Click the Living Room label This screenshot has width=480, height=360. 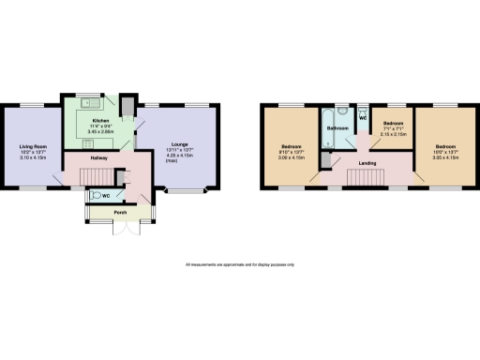click(33, 145)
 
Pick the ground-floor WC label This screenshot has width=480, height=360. click(106, 195)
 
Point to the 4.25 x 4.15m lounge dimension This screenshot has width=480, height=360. click(178, 156)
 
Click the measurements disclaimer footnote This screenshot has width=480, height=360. click(240, 264)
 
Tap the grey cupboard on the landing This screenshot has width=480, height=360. click(324, 160)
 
